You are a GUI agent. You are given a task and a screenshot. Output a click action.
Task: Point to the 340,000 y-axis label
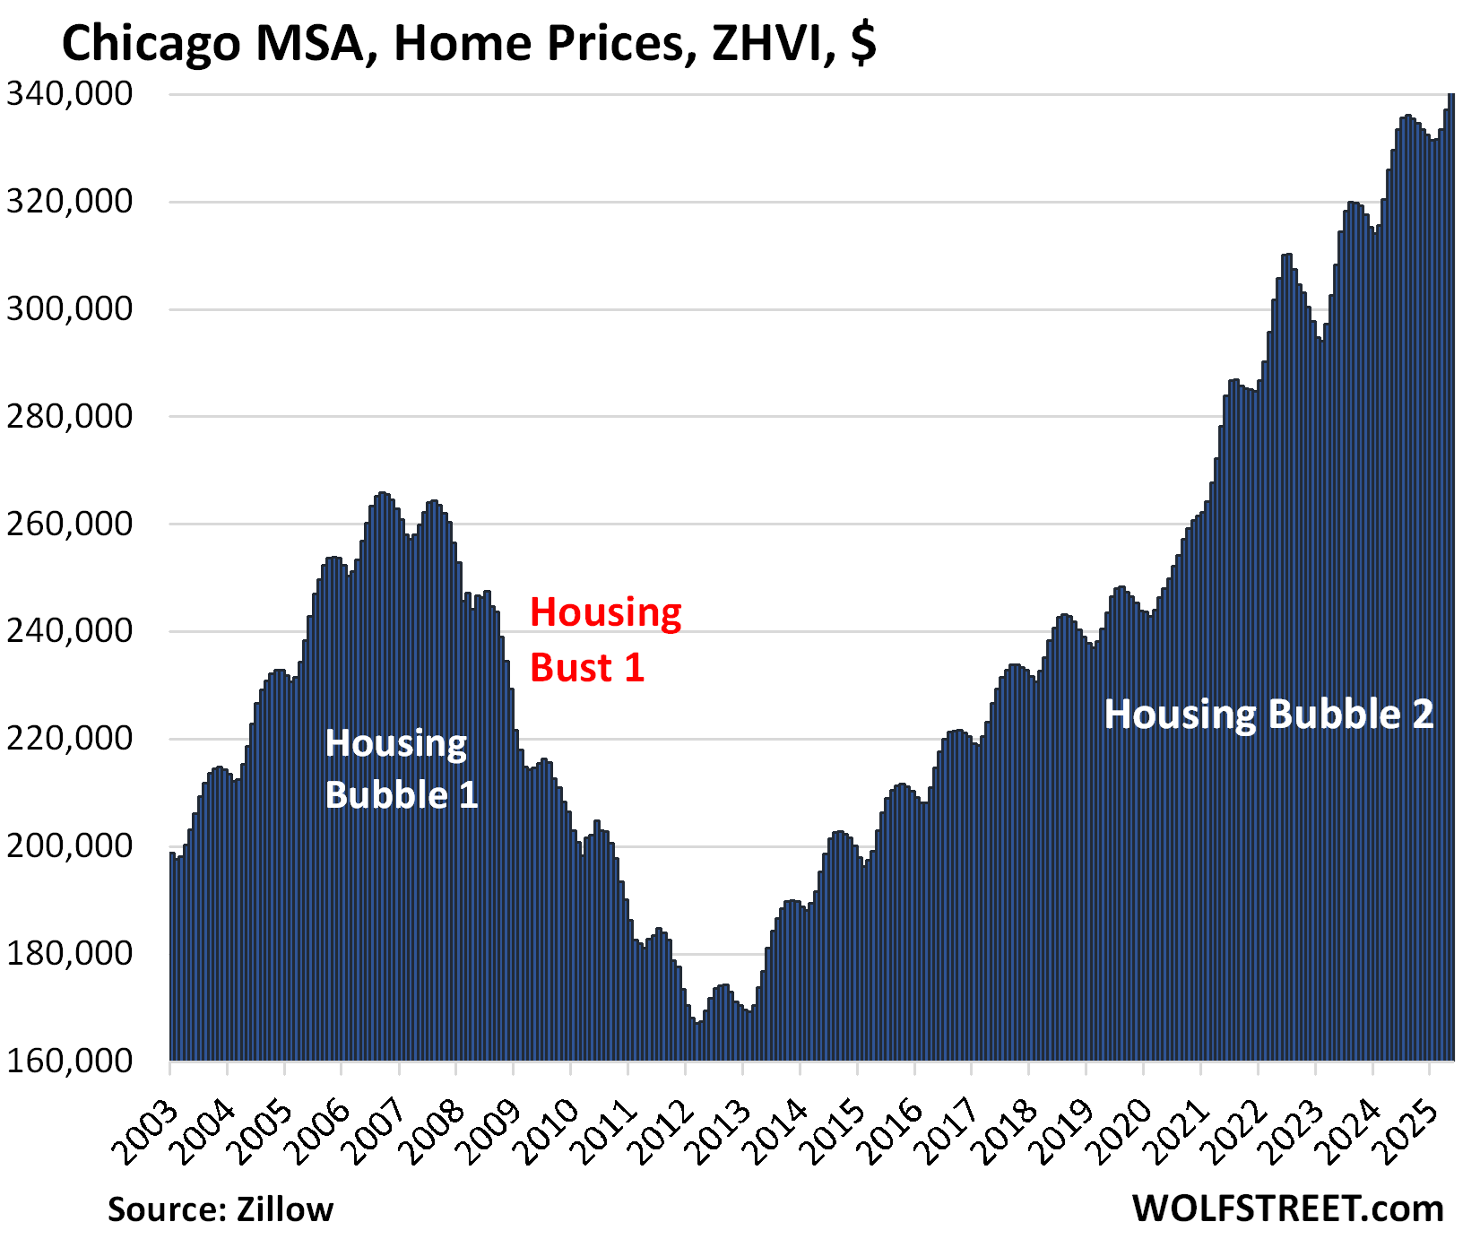tap(70, 94)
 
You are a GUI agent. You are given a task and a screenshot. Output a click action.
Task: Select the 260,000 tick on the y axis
tap(70, 524)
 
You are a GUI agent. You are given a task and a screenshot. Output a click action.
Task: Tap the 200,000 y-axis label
tap(70, 845)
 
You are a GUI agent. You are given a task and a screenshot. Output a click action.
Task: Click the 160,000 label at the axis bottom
tap(70, 1061)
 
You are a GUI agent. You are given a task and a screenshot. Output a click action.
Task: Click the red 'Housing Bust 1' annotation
tap(605, 639)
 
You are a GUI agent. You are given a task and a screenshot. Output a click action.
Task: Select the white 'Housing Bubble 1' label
tap(401, 769)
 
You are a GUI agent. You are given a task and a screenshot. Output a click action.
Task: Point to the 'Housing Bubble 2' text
tap(1268, 715)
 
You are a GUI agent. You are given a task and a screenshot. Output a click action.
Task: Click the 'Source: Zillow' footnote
tap(221, 1209)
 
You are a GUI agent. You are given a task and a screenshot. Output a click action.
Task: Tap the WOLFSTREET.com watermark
tap(1287, 1209)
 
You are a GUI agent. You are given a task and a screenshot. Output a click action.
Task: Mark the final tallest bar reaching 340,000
tap(1451, 574)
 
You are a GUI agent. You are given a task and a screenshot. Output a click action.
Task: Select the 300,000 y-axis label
tap(70, 309)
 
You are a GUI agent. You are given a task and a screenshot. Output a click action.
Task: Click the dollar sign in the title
tap(862, 43)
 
